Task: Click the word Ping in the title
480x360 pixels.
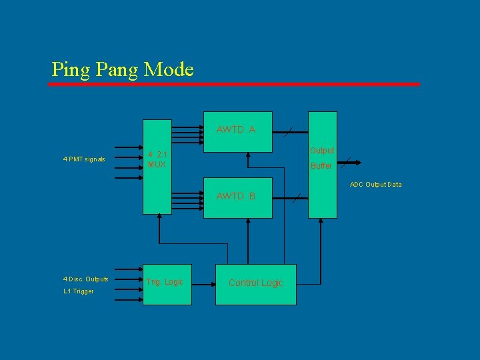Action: (x=67, y=69)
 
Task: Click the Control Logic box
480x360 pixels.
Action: (x=255, y=283)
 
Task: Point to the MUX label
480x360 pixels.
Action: (x=157, y=165)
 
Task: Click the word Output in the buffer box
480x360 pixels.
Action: (x=321, y=151)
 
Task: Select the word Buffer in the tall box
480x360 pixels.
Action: (x=321, y=165)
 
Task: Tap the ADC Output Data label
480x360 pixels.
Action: (x=376, y=185)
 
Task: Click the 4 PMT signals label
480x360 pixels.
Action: (x=84, y=159)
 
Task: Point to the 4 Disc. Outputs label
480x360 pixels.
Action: (x=85, y=279)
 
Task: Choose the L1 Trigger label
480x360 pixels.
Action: (x=79, y=291)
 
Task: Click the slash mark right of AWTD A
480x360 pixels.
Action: (x=287, y=133)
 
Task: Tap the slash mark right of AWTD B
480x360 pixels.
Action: (x=297, y=197)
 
